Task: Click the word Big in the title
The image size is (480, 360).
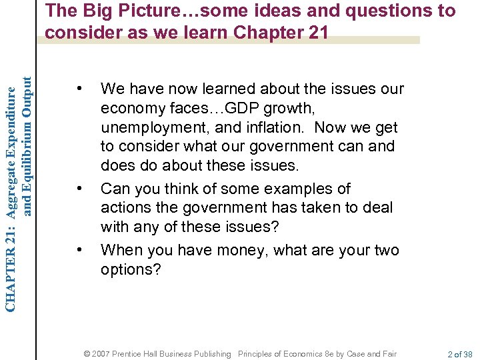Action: (x=91, y=11)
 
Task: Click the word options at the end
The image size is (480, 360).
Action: (x=131, y=269)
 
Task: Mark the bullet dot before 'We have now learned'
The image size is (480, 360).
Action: (x=79, y=89)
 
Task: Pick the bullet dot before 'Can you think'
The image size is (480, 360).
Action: (x=79, y=189)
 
